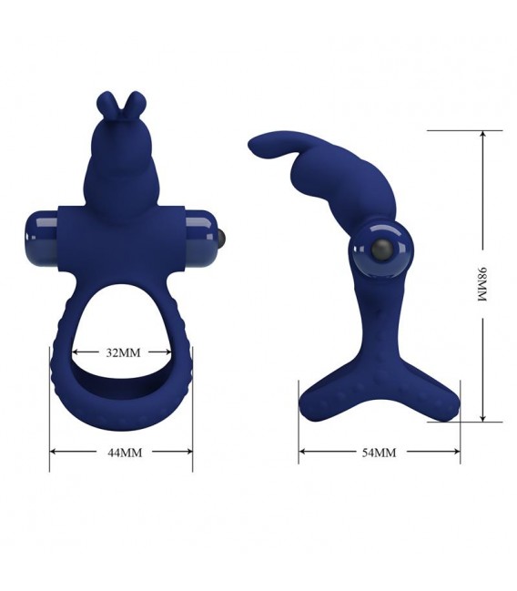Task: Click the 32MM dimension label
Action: (123, 352)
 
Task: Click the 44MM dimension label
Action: (125, 453)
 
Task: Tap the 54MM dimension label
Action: (379, 453)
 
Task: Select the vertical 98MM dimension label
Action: (482, 284)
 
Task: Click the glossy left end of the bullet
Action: (42, 239)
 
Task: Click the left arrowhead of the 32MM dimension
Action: (75, 352)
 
